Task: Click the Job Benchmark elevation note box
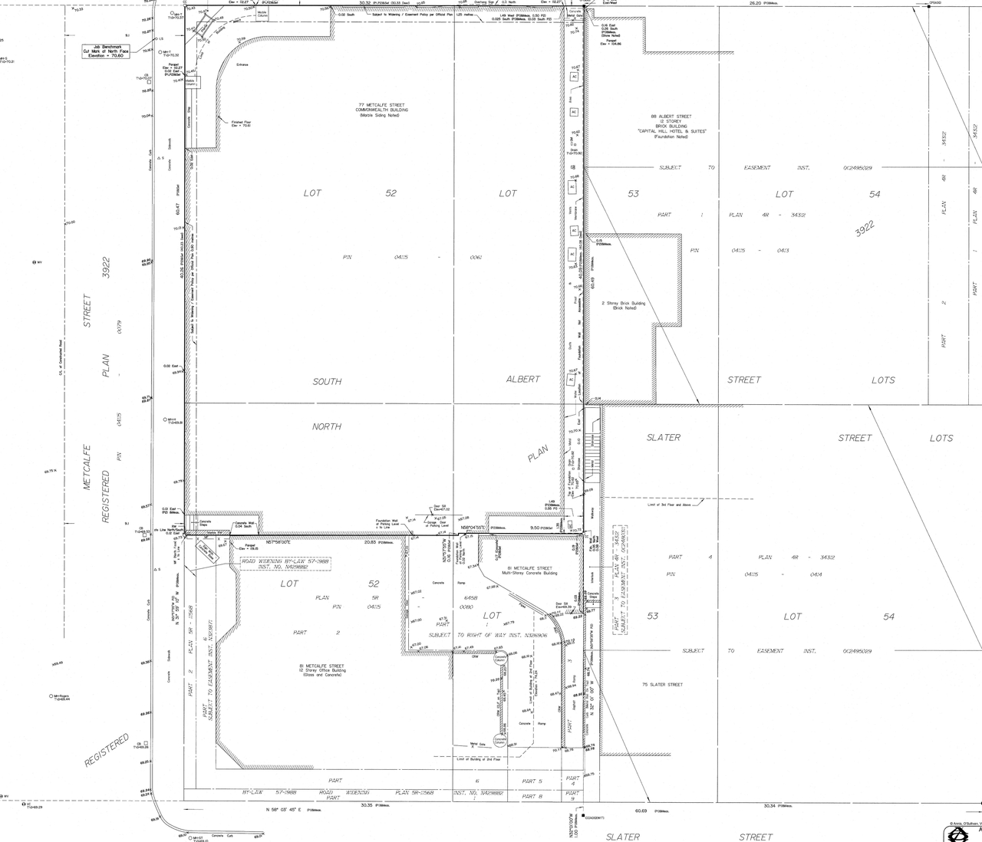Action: (107, 51)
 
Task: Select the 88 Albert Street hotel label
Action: (671, 127)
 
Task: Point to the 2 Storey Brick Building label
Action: (623, 305)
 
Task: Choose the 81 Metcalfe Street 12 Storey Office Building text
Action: (322, 669)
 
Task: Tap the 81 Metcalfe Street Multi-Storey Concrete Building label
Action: (529, 571)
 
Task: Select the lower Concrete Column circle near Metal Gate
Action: (499, 741)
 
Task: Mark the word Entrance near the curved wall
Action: (242, 64)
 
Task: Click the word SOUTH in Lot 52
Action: (327, 381)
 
